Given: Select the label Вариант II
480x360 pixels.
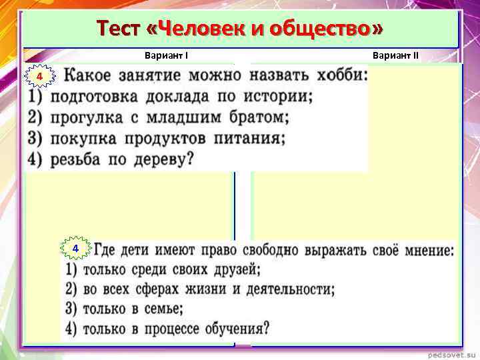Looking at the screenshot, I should click(x=396, y=55).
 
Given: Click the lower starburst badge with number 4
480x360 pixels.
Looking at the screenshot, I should click(x=76, y=249).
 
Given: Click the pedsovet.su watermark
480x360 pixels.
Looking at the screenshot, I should click(x=449, y=353).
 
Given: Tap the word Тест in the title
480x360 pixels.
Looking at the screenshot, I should click(x=119, y=29).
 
